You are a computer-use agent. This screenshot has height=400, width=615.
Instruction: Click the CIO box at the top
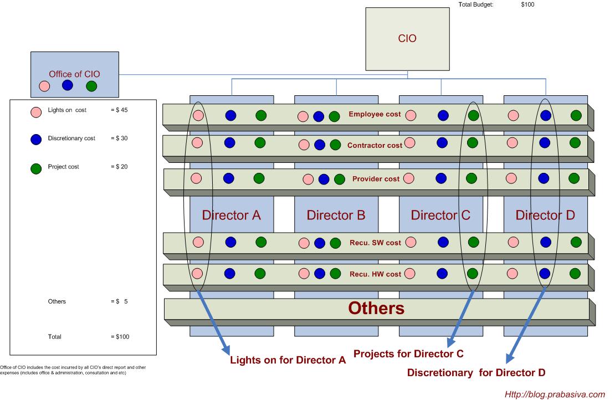pyautogui.click(x=407, y=38)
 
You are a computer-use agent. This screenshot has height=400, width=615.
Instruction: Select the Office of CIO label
pyautogui.click(x=74, y=74)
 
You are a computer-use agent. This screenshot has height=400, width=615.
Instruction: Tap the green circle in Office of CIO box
pyautogui.click(x=92, y=86)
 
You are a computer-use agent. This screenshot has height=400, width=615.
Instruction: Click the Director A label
pyautogui.click(x=231, y=215)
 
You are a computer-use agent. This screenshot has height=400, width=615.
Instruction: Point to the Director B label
pyautogui.click(x=336, y=215)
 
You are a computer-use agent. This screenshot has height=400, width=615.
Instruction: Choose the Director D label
pyautogui.click(x=545, y=215)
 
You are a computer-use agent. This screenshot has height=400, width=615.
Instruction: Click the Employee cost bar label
pyautogui.click(x=375, y=115)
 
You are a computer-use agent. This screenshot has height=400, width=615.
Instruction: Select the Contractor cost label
pyautogui.click(x=375, y=146)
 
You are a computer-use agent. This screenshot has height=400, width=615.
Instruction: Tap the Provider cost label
pyautogui.click(x=376, y=179)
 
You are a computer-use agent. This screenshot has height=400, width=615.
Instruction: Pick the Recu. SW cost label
pyautogui.click(x=375, y=243)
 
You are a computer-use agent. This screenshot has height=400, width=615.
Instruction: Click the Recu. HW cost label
pyautogui.click(x=375, y=274)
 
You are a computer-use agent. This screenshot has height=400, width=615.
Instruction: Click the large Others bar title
pyautogui.click(x=376, y=309)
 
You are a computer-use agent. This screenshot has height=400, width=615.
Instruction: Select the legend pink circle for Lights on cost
pyautogui.click(x=36, y=111)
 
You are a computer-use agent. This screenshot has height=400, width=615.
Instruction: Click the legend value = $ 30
pyautogui.click(x=119, y=139)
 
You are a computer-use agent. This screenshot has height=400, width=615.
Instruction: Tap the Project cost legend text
pyautogui.click(x=64, y=167)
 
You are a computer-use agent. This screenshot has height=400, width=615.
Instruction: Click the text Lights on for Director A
pyautogui.click(x=288, y=361)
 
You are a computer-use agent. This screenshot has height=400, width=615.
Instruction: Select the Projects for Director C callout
pyautogui.click(x=408, y=353)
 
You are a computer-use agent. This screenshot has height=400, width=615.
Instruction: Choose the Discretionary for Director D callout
pyautogui.click(x=476, y=373)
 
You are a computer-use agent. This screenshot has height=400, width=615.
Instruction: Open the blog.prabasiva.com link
pyautogui.click(x=554, y=394)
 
